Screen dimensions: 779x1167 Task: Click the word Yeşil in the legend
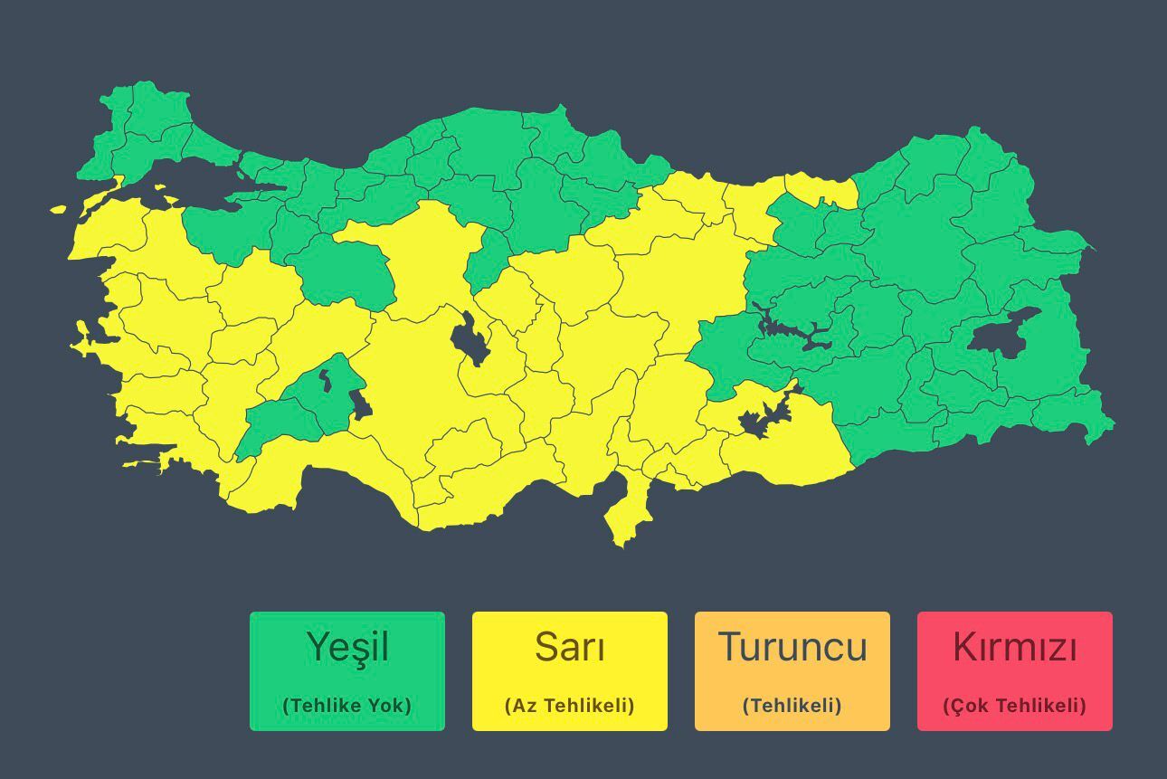click(347, 648)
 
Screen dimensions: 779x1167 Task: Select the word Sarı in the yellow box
click(570, 648)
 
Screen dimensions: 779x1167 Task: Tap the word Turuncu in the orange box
click(792, 648)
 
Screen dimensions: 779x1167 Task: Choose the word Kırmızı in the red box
click(1015, 648)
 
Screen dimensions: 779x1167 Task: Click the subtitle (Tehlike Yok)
click(347, 706)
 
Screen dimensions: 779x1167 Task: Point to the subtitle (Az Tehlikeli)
click(570, 706)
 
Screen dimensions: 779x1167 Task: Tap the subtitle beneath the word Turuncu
click(792, 706)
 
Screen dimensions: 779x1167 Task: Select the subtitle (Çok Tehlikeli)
click(1015, 706)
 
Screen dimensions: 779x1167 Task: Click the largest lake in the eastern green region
click(1001, 332)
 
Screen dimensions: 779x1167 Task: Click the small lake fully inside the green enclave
click(325, 380)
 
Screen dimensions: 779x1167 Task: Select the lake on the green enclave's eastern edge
click(359, 403)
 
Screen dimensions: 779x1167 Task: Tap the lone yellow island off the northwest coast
click(59, 210)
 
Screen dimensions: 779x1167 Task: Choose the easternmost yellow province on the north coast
click(821, 189)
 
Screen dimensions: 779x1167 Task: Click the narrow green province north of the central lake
click(485, 260)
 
